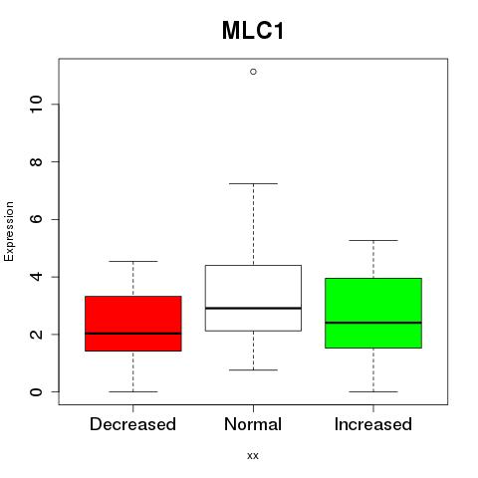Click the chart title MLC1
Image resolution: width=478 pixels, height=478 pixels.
coord(253,31)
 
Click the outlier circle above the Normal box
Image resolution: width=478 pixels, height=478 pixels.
coord(253,72)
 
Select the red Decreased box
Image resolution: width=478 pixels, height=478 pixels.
coord(133,324)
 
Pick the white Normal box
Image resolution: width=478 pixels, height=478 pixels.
coord(253,298)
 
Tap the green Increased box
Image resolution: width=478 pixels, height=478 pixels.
coord(373,313)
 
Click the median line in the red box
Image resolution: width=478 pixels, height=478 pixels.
coord(133,334)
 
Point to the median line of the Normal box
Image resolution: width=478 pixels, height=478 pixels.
coord(253,308)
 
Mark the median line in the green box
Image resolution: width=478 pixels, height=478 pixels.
coord(373,323)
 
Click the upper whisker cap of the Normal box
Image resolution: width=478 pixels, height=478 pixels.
coord(253,183)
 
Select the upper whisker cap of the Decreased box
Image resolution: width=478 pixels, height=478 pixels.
coord(133,261)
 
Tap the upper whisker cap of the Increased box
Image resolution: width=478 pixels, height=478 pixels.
coord(373,240)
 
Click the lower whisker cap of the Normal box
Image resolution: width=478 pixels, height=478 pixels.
coord(253,369)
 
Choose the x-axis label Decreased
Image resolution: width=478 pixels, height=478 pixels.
coord(132,424)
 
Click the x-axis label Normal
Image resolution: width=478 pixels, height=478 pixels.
coord(253,424)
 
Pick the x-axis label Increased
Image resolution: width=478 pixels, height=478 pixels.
coord(373,424)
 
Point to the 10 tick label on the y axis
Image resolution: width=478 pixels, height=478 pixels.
coord(36,105)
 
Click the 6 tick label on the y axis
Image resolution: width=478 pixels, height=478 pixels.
coord(36,219)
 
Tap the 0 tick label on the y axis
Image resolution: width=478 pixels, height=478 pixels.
coord(36,391)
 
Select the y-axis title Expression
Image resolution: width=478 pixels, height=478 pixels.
coord(9,231)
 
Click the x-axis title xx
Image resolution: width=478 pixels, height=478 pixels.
coord(253,456)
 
